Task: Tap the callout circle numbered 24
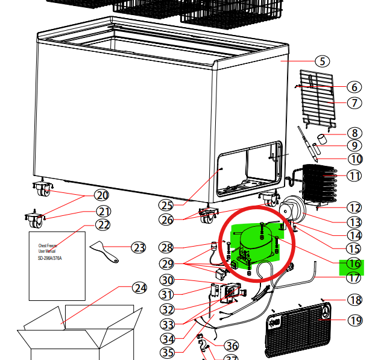pos(140,288)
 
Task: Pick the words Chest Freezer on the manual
pos(51,246)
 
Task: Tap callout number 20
pos(102,195)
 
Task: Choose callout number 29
pos(167,264)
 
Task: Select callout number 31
pos(167,295)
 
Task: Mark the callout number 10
pos(355,159)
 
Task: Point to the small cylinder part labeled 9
pos(322,139)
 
